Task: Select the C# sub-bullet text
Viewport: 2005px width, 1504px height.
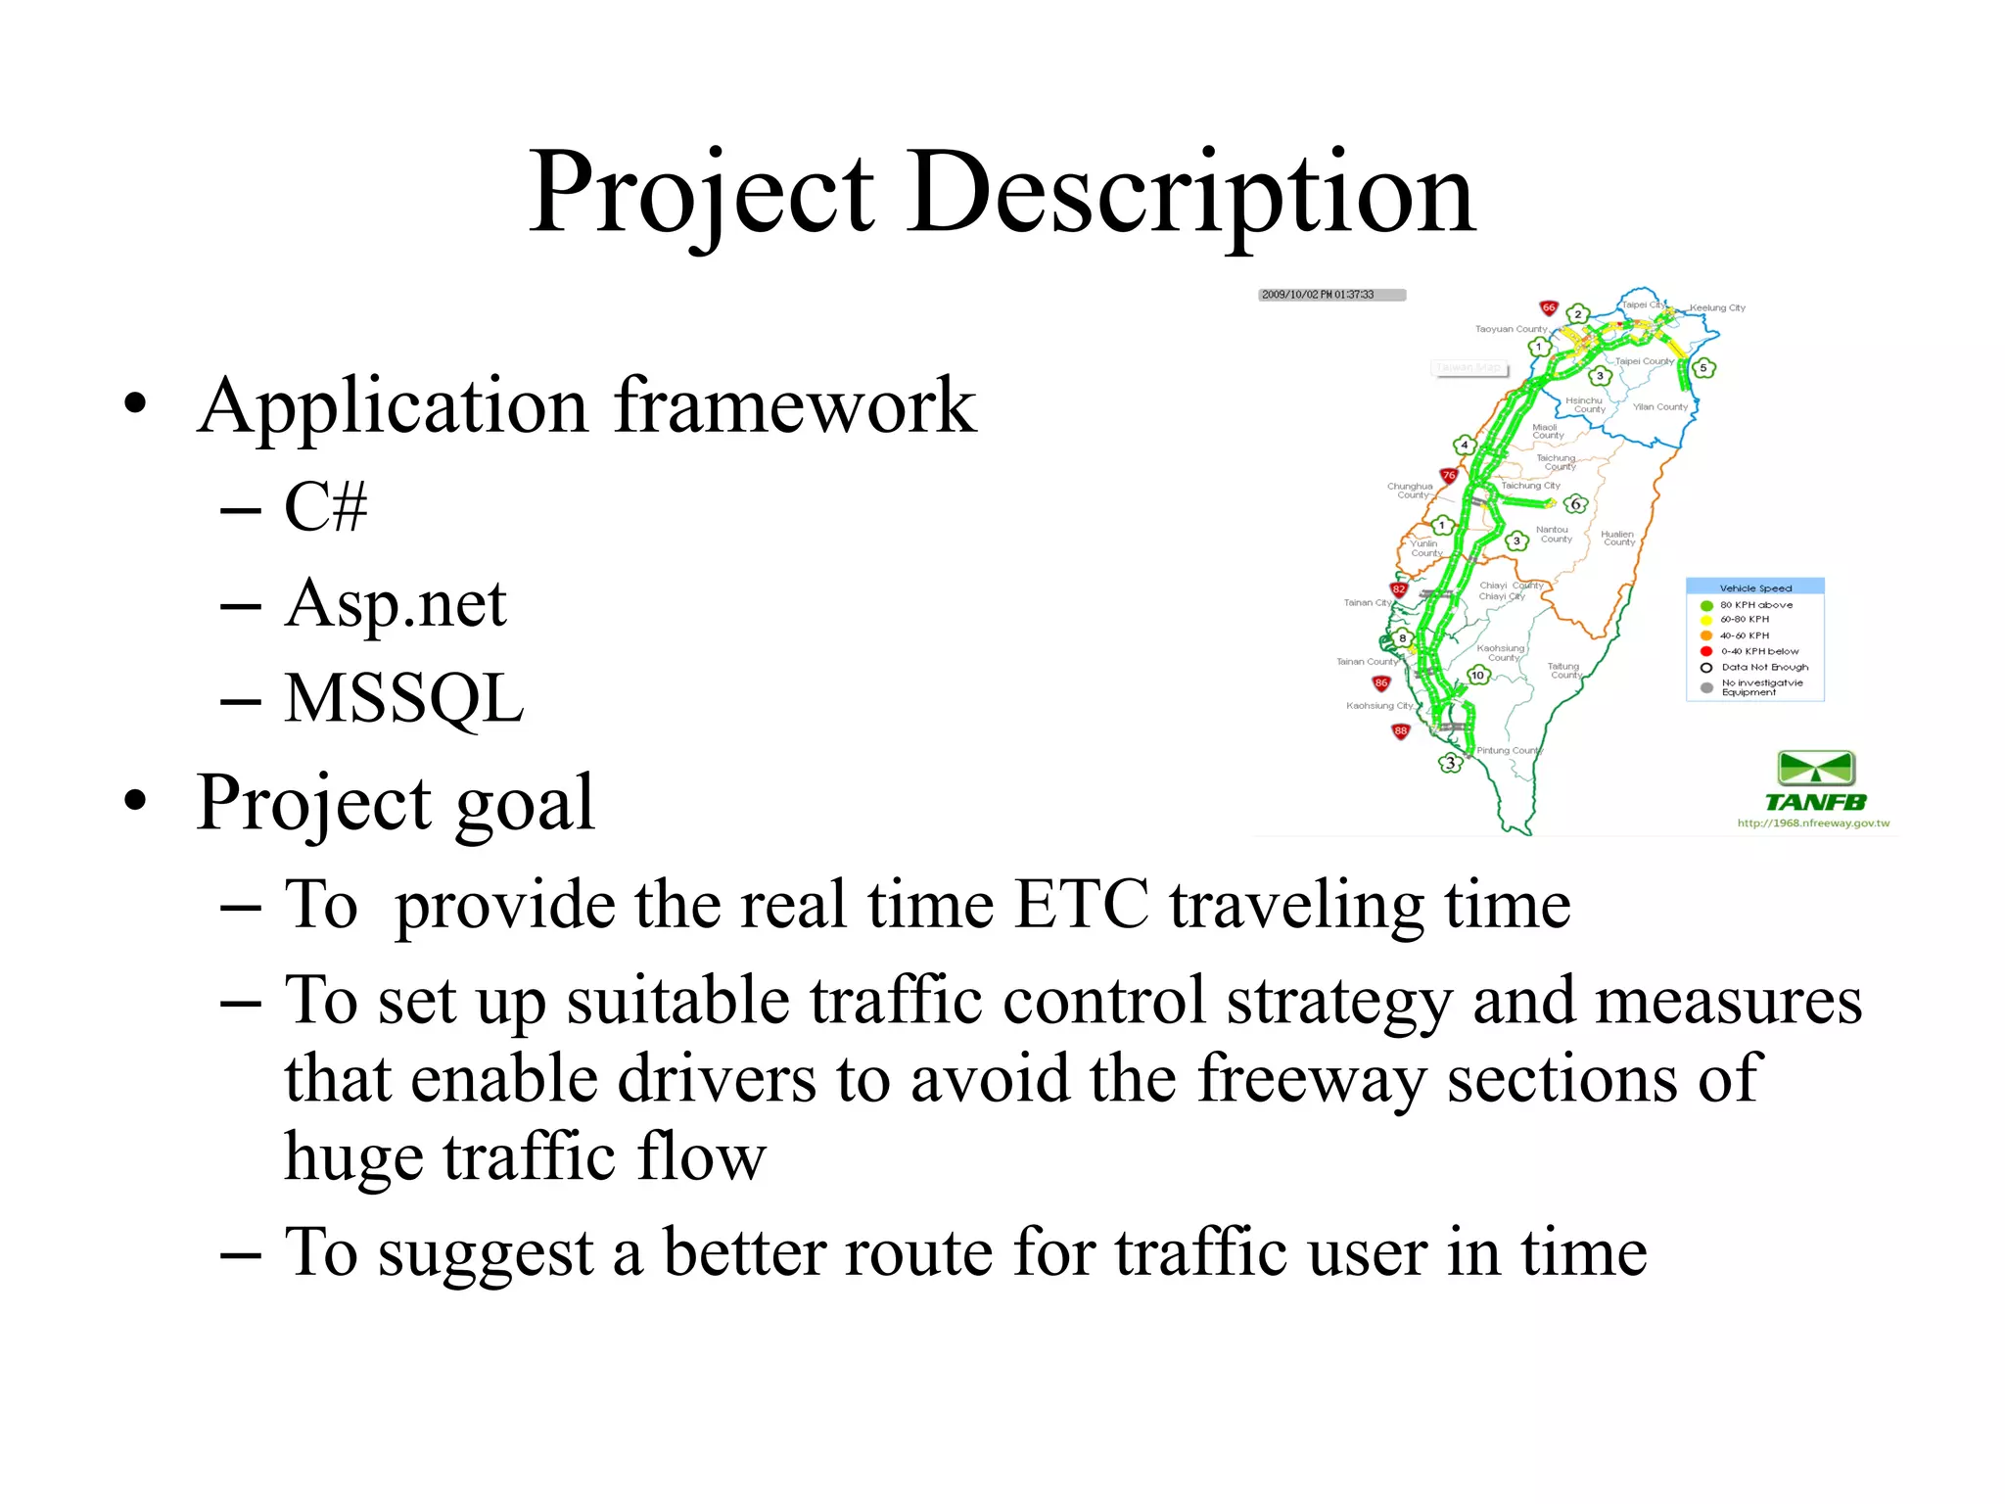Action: [325, 507]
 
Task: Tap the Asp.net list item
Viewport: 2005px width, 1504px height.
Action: [396, 603]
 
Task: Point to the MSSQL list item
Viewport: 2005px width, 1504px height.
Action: [403, 698]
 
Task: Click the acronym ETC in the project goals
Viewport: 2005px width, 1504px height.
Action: [1081, 903]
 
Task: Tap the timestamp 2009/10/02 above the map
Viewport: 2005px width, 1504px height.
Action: [1318, 295]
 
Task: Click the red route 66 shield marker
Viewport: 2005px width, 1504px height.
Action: [1549, 307]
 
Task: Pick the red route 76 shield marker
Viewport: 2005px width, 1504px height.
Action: [1449, 476]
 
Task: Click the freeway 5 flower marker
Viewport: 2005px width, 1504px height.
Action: [1703, 368]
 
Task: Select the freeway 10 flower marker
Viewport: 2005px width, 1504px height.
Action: [1478, 675]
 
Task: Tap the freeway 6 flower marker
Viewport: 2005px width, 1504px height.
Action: [1575, 504]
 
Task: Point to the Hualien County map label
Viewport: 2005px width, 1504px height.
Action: [1617, 538]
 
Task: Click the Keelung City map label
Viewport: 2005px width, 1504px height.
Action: [1717, 307]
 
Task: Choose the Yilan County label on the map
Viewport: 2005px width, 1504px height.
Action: [1660, 406]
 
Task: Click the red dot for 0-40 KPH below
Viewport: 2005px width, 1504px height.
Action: [1706, 651]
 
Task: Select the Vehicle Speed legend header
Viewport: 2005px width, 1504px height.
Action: [1755, 587]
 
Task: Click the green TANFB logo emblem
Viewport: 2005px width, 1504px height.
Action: [1816, 769]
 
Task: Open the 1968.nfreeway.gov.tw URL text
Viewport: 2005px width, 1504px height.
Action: [1813, 823]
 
